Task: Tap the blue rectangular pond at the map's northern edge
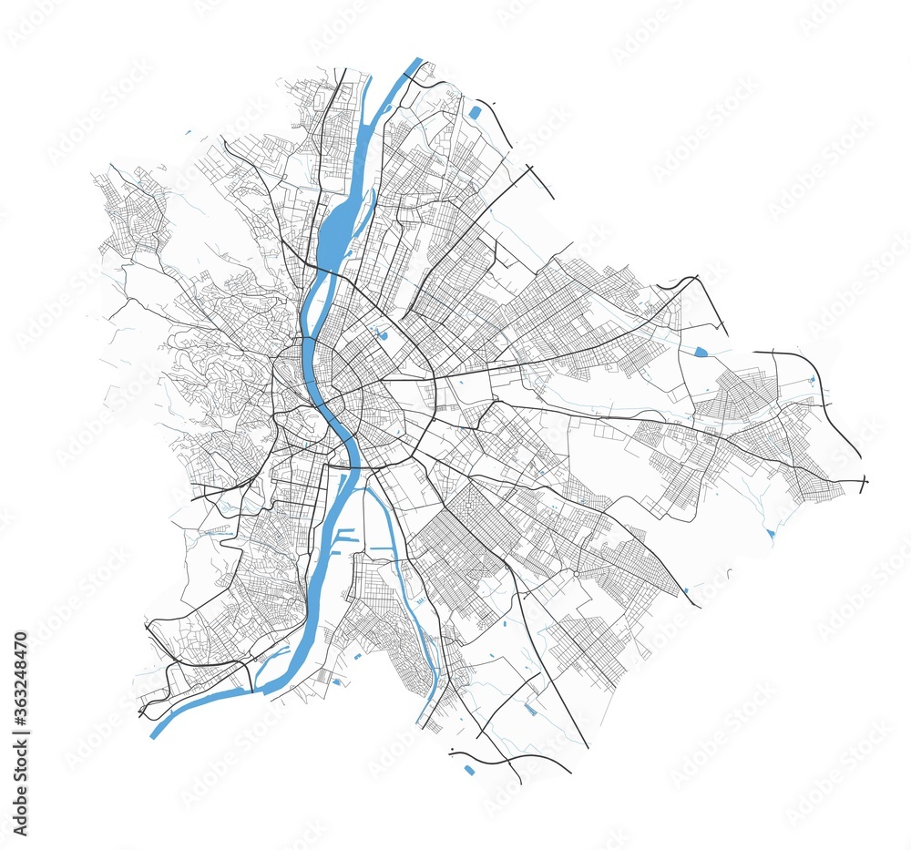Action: pos(475,113)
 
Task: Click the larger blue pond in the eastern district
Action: pos(700,351)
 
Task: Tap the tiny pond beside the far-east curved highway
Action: pos(811,379)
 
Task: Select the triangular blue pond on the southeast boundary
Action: pos(771,532)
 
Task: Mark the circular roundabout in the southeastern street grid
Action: pos(576,574)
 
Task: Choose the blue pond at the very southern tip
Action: pos(469,770)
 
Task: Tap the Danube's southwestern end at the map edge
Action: pos(155,732)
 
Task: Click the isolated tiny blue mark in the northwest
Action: pos(188,134)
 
